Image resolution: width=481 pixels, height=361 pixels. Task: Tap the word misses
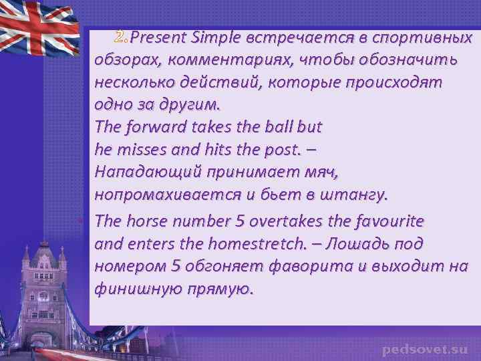pos(138,149)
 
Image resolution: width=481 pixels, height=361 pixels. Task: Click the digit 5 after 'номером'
pos(176,266)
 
